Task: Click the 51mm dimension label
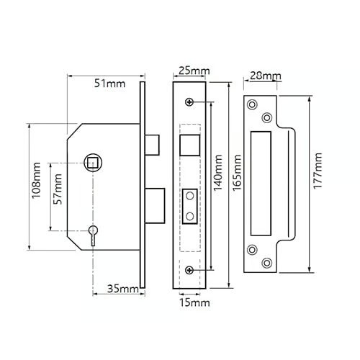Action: tap(109, 84)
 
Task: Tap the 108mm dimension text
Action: tap(37, 181)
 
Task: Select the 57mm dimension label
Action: tap(58, 189)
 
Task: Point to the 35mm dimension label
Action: tap(123, 289)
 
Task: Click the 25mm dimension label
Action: tap(194, 71)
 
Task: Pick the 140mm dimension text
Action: tap(218, 173)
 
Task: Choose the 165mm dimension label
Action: tap(237, 173)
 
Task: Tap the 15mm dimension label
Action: tap(194, 303)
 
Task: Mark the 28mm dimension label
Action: tap(266, 76)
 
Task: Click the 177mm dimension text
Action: tap(318, 171)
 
